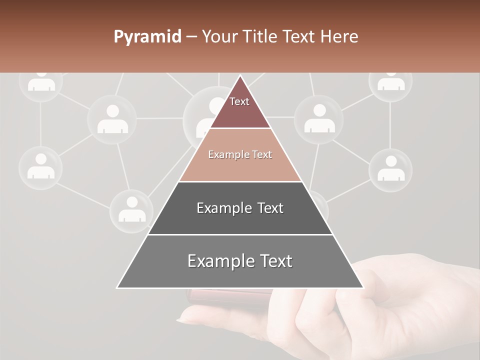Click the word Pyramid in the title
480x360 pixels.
pos(147,37)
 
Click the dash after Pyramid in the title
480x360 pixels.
pos(191,37)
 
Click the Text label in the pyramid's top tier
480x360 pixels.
pos(239,101)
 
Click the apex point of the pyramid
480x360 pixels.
pos(240,76)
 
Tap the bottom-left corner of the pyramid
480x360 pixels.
pos(117,287)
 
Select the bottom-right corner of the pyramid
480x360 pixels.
pos(363,287)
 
